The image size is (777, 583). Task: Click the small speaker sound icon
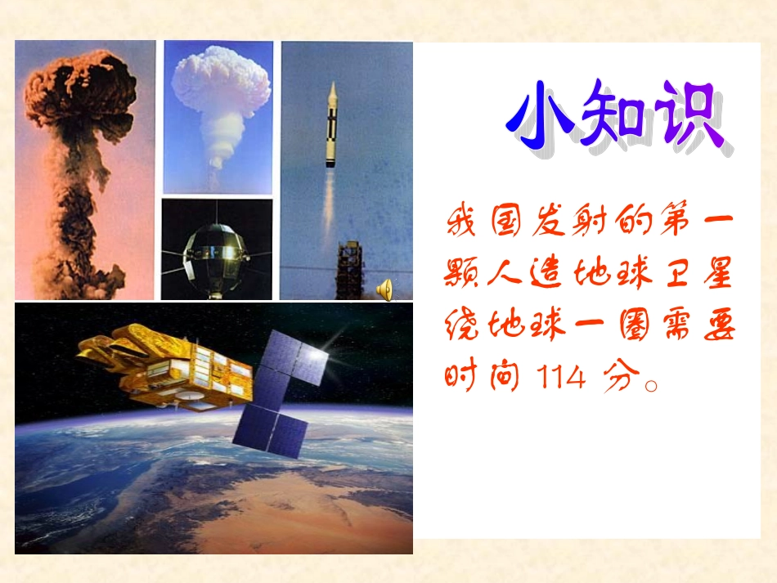click(x=384, y=288)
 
